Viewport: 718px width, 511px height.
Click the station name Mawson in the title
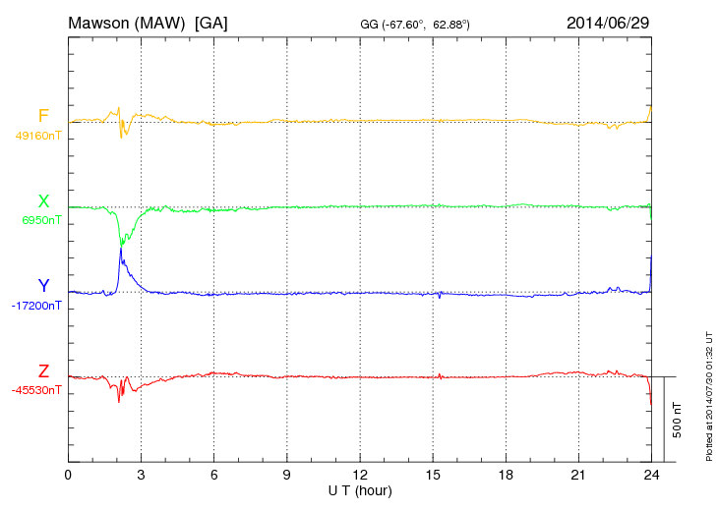pyautogui.click(x=100, y=21)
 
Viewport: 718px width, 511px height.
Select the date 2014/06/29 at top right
pyautogui.click(x=607, y=21)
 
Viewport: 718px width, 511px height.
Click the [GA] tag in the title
pyautogui.click(x=211, y=21)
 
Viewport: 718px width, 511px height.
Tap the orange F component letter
pyautogui.click(x=43, y=117)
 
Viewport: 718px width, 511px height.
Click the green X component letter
pyautogui.click(x=43, y=202)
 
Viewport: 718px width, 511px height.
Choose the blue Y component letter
pyautogui.click(x=43, y=286)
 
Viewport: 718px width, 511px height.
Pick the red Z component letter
pyautogui.click(x=43, y=371)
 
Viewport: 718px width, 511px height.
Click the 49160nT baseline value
pyautogui.click(x=37, y=137)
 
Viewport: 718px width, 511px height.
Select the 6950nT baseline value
pyautogui.click(x=41, y=221)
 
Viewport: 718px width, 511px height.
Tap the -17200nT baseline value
pyautogui.click(x=37, y=306)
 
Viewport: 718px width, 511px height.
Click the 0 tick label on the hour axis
pyautogui.click(x=68, y=475)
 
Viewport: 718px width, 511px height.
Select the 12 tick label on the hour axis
pyautogui.click(x=360, y=475)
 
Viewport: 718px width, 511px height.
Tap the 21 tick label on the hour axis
pyautogui.click(x=579, y=475)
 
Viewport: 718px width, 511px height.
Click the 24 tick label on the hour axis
pyautogui.click(x=652, y=475)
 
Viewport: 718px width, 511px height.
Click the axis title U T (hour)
pyautogui.click(x=360, y=489)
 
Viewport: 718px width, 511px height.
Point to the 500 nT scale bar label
pyautogui.click(x=678, y=420)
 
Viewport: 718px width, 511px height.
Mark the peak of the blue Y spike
pyautogui.click(x=121, y=248)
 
